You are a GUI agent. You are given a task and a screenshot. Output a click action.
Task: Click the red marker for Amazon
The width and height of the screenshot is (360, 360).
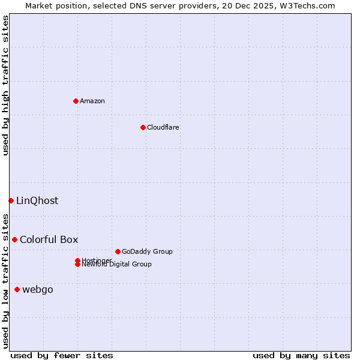click(x=76, y=101)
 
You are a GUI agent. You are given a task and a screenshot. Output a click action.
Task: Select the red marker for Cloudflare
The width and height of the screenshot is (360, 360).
click(x=143, y=127)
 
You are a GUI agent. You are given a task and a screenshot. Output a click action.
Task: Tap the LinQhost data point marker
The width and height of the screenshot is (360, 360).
click(x=11, y=200)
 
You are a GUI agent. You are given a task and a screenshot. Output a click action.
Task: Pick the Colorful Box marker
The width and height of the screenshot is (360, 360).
click(x=14, y=239)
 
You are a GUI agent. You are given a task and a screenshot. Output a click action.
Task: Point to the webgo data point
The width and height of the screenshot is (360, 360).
click(x=17, y=290)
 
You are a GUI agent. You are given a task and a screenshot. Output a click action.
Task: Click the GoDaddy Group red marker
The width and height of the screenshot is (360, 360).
click(x=118, y=251)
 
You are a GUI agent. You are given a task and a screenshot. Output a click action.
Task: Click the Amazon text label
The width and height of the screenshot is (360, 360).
click(x=92, y=101)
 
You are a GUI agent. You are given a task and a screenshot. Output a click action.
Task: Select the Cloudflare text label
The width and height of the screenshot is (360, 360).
click(x=163, y=127)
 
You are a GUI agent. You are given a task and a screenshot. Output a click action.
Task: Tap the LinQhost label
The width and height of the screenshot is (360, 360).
click(x=37, y=200)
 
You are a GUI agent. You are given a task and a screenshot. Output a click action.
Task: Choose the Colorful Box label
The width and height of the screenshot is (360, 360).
click(x=49, y=239)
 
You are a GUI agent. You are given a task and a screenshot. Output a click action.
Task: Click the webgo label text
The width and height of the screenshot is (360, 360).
click(x=38, y=290)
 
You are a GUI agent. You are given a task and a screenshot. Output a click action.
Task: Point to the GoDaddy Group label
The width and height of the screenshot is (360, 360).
click(x=147, y=251)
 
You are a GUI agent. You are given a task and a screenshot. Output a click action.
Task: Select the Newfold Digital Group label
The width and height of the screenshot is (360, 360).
click(x=116, y=265)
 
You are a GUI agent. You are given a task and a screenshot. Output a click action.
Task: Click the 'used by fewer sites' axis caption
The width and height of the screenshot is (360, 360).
click(x=62, y=355)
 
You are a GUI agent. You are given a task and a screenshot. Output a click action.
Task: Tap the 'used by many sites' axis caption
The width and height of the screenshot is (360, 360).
click(x=301, y=355)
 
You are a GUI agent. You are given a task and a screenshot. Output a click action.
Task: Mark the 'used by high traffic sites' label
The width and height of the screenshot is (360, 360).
click(x=5, y=85)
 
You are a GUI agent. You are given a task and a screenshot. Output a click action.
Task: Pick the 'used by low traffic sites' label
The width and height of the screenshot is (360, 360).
click(x=5, y=280)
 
